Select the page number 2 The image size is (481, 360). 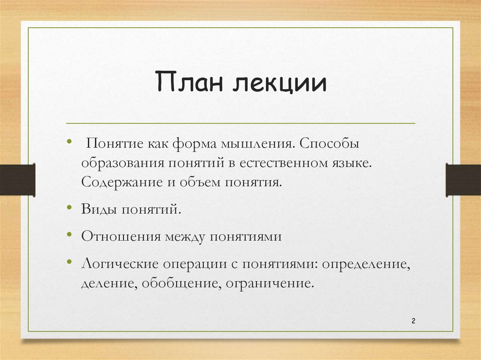413,321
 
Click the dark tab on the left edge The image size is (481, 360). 17,179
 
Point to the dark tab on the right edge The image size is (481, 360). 463,179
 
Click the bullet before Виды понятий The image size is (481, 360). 69,207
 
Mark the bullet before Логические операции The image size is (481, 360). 69,260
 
